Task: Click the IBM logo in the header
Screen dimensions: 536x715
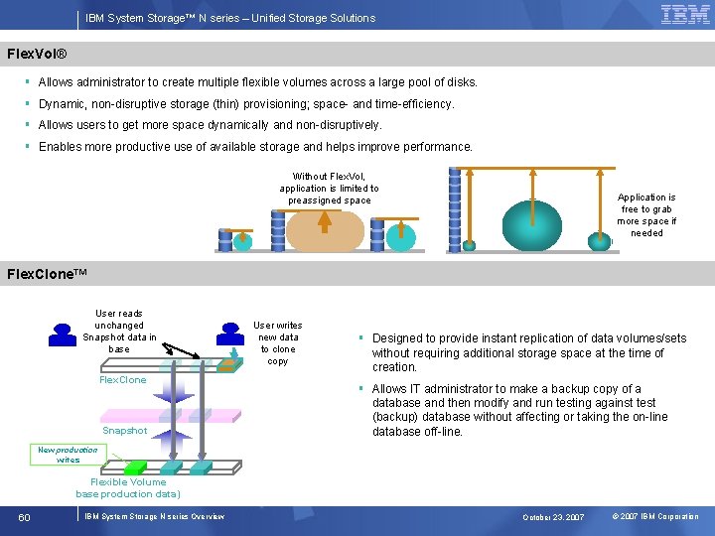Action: (x=685, y=15)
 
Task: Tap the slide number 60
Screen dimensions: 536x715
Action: (x=24, y=516)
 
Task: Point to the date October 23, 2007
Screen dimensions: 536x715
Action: (x=554, y=517)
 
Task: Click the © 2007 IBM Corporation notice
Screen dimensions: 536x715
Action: (x=655, y=517)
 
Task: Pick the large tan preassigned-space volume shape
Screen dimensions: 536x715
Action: (x=325, y=230)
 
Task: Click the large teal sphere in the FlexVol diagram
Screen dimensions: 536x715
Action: (x=532, y=226)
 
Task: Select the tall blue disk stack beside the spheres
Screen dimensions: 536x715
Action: (x=455, y=209)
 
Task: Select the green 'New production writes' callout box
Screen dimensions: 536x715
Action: (x=68, y=455)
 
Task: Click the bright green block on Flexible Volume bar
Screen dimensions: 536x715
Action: (x=136, y=467)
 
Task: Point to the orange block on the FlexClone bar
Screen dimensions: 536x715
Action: (x=228, y=365)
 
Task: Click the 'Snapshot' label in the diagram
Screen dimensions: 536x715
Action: (x=124, y=431)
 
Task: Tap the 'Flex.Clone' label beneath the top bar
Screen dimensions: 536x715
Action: (x=122, y=380)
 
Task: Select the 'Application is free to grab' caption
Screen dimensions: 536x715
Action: (x=646, y=215)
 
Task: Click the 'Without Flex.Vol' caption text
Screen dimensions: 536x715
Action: (x=329, y=188)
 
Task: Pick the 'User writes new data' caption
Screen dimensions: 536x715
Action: (x=278, y=342)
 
